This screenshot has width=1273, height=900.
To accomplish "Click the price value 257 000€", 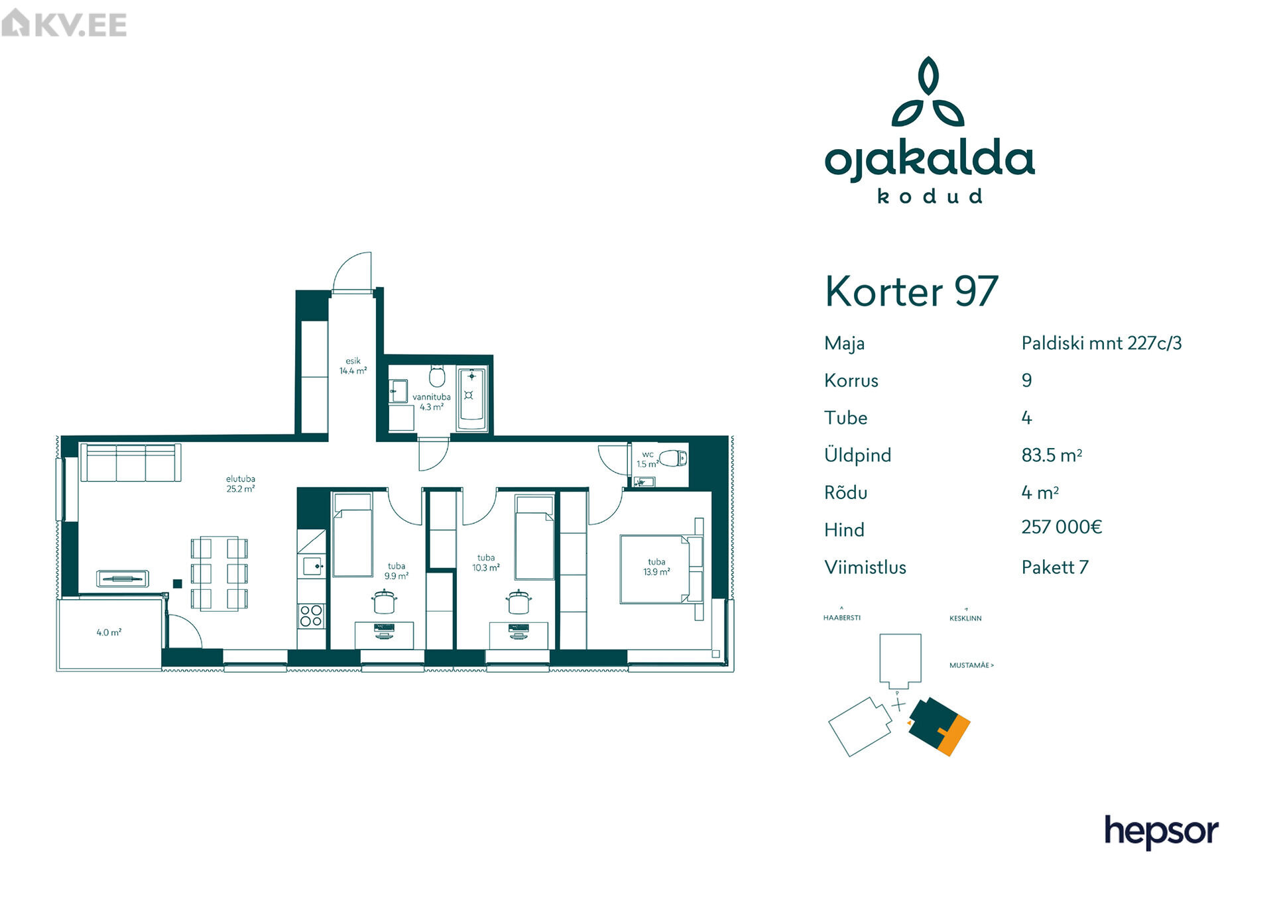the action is tap(1061, 527).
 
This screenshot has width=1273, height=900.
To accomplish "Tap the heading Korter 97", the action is tap(911, 291).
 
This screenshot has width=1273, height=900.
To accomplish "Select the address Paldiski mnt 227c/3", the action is tap(1101, 343).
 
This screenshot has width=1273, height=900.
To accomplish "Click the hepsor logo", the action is tap(1161, 832).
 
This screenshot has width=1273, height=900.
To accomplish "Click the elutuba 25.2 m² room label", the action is tap(240, 484).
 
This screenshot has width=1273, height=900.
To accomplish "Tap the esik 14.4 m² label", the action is tap(353, 366).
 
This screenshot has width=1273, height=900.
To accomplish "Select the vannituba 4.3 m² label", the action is tap(431, 402).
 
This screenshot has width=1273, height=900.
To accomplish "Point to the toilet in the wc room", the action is tap(674, 458).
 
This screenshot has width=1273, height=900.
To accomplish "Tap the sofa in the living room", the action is tap(131, 462).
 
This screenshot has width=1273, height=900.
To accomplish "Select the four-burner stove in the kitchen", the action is tap(311, 616).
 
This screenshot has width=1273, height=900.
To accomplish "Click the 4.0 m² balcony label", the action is tap(109, 632).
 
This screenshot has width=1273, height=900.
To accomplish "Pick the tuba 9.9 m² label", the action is tap(396, 571).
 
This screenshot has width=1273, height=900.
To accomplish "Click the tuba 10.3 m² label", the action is tap(486, 563).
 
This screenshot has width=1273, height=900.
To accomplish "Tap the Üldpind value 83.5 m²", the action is tap(1052, 455).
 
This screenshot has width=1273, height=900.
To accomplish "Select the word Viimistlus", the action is tap(865, 567).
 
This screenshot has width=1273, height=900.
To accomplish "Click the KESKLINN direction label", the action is tap(965, 618).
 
